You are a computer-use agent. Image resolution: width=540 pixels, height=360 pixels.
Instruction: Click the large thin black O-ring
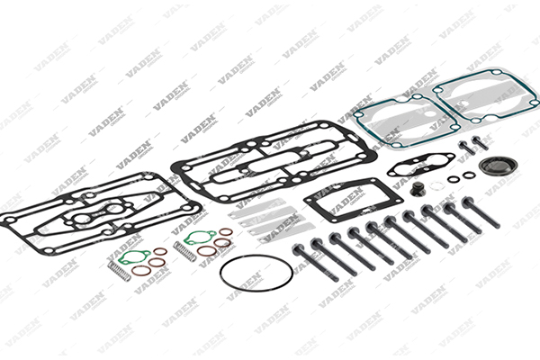256,256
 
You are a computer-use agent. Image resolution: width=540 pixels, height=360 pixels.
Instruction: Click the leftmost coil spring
119,270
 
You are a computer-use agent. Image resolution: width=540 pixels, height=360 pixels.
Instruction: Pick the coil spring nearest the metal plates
184,251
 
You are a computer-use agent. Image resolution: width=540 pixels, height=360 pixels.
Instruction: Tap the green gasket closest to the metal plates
200,238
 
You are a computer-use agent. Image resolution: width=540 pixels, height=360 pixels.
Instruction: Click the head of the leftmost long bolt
298,248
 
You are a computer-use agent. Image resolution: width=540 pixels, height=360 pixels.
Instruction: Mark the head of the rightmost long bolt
468,202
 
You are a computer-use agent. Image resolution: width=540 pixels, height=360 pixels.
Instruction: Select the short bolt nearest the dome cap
480,142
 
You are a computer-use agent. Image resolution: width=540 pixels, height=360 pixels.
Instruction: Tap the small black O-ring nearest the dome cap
469,175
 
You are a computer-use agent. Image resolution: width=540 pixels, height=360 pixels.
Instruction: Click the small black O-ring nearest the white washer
454,179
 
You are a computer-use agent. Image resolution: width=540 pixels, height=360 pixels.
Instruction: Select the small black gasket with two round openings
421,165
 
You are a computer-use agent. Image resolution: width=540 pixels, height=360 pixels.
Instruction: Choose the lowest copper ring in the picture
141,270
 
